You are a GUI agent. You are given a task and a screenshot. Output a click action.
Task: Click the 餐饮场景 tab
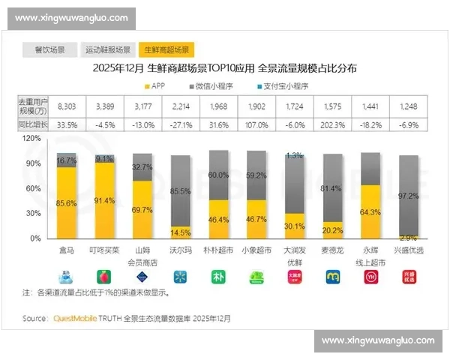click(49, 50)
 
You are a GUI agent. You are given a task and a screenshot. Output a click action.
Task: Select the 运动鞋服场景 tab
click(107, 50)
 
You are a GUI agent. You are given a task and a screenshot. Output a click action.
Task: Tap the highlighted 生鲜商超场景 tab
click(166, 50)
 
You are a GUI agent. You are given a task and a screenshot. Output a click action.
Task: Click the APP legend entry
click(152, 85)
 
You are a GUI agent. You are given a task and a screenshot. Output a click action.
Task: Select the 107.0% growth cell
click(256, 124)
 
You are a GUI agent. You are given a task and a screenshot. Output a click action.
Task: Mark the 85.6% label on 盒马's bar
click(67, 202)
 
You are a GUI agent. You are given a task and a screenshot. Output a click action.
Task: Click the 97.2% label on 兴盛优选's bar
click(409, 196)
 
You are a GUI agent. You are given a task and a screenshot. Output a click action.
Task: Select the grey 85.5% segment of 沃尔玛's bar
click(180, 191)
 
